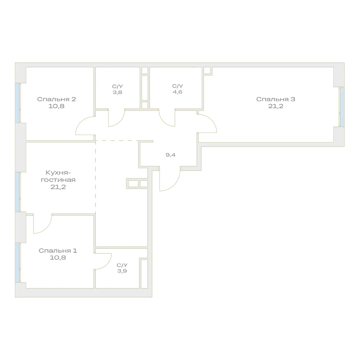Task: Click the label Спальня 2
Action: pyautogui.click(x=57, y=99)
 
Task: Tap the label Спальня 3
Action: pyautogui.click(x=276, y=99)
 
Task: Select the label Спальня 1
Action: pyautogui.click(x=58, y=251)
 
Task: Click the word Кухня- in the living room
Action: pyautogui.click(x=58, y=172)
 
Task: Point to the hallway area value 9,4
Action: pyautogui.click(x=170, y=155)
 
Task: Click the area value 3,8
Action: pyautogui.click(x=117, y=92)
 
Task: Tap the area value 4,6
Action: pyautogui.click(x=177, y=92)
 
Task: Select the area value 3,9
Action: pyautogui.click(x=122, y=271)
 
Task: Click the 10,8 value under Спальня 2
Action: pyautogui.click(x=57, y=106)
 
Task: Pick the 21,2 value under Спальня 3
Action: pyautogui.click(x=276, y=106)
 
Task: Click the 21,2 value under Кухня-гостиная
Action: pyautogui.click(x=58, y=187)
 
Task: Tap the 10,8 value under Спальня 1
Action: pyautogui.click(x=58, y=257)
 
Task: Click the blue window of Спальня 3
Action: pyautogui.click(x=342, y=107)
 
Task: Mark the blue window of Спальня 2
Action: pyautogui.click(x=17, y=103)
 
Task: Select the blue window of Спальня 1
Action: pyautogui.click(x=17, y=263)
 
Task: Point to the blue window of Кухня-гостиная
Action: pyautogui.click(x=17, y=192)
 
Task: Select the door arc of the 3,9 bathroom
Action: pyautogui.click(x=107, y=264)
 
